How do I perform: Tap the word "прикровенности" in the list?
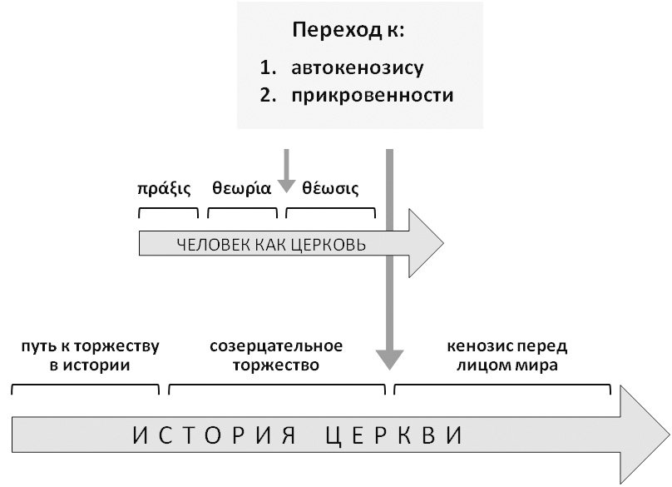373,95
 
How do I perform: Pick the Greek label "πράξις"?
164,186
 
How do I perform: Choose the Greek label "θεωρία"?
241,186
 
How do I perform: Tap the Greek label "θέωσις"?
330,186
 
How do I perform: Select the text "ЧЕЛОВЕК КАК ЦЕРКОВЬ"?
272,246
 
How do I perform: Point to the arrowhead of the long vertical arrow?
388,359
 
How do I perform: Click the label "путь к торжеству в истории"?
85,355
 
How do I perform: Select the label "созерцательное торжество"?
276,355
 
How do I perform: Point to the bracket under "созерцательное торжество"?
277,387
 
